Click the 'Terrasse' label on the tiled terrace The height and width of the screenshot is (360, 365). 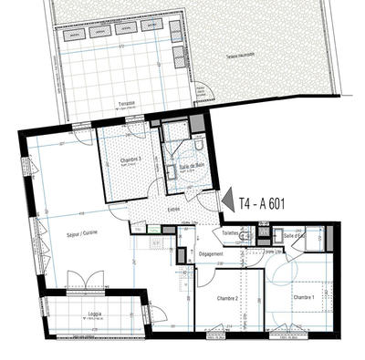127,104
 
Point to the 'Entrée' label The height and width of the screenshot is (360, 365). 173,212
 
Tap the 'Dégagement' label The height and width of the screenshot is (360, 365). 211,254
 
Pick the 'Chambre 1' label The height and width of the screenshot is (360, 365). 304,297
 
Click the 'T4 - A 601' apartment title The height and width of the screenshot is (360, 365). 262,203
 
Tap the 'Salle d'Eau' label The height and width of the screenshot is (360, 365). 295,235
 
